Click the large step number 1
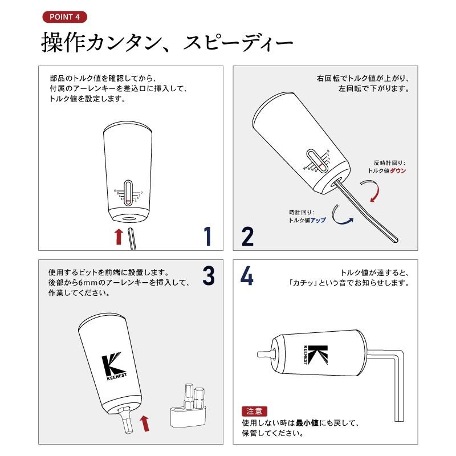pos(207,236)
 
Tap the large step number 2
pos(247,236)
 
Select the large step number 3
pos(209,275)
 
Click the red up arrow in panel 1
pos(119,237)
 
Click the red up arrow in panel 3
pos(145,423)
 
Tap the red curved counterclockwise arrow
pos(372,192)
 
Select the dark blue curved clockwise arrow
pos(340,215)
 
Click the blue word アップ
pos(318,220)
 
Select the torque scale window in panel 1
pos(128,193)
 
